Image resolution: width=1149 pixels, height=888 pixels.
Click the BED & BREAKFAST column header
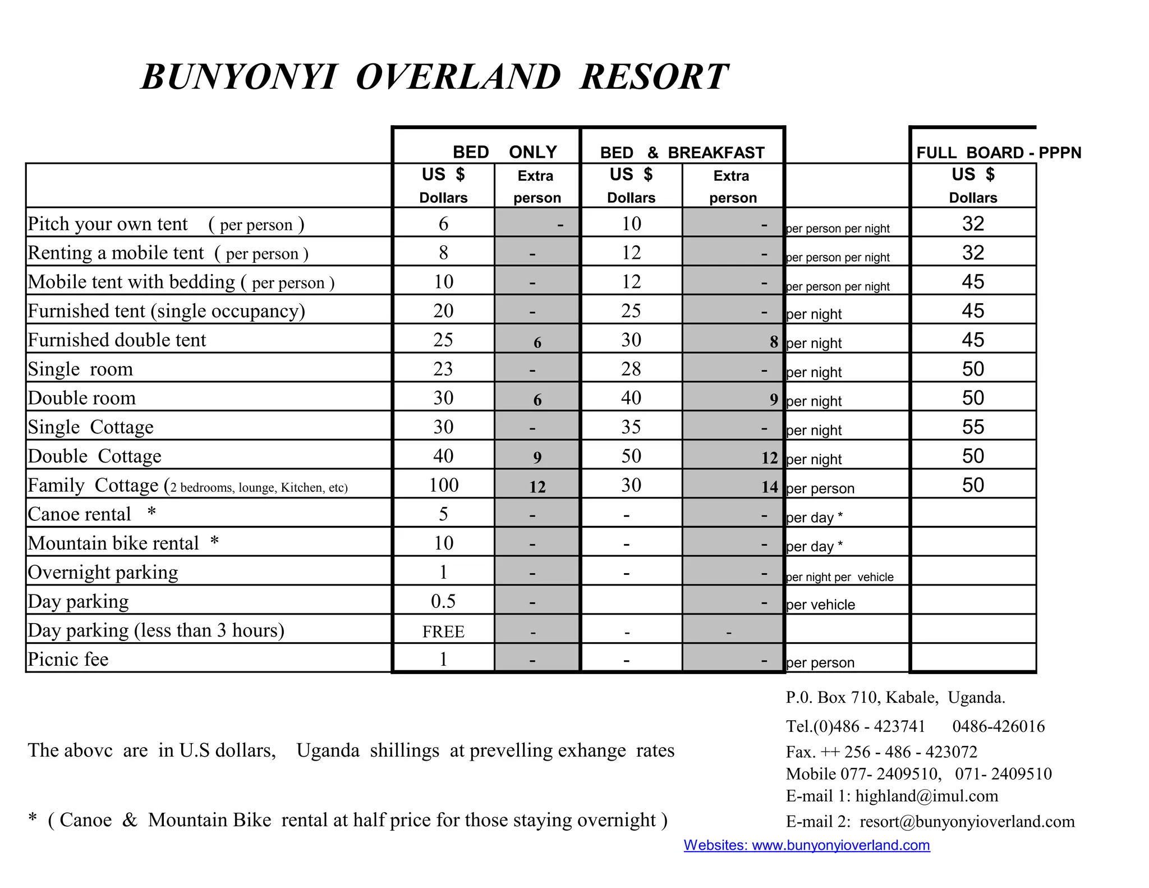[x=682, y=153]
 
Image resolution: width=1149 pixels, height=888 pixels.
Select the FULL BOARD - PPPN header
[x=998, y=153]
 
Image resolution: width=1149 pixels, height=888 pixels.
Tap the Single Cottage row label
[x=90, y=427]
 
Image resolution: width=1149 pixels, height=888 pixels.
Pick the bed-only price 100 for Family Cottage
[x=443, y=485]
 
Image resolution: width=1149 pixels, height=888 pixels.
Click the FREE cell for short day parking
[x=443, y=631]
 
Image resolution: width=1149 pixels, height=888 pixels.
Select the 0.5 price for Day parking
[x=443, y=602]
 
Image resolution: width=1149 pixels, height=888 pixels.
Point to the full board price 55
[x=973, y=427]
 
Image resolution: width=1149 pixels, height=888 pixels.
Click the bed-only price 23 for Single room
[x=443, y=369]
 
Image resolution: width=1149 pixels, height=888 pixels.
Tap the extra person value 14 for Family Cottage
[x=769, y=487]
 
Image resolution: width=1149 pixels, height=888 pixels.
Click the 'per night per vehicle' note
[x=839, y=577]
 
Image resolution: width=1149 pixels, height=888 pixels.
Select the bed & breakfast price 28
[x=631, y=369]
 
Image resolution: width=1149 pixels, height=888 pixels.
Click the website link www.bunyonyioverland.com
[x=807, y=845]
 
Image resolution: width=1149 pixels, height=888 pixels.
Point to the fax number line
[x=881, y=752]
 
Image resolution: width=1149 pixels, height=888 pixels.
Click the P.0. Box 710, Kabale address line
[x=895, y=698]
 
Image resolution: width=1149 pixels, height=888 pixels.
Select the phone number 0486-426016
[x=998, y=726]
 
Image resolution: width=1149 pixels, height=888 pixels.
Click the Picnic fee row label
[x=68, y=660]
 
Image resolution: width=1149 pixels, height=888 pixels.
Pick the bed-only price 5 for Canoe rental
[x=443, y=514]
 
